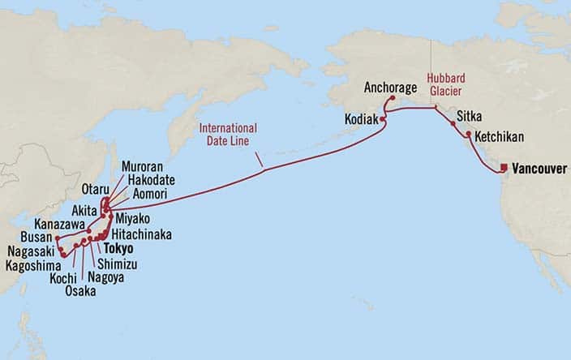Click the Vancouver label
coord(539,169)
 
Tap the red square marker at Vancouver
coord(504,168)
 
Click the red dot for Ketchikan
coord(468,135)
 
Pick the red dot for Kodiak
coord(383,119)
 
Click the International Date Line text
coord(228,135)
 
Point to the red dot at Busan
coord(57,238)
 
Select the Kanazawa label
coord(60,221)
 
